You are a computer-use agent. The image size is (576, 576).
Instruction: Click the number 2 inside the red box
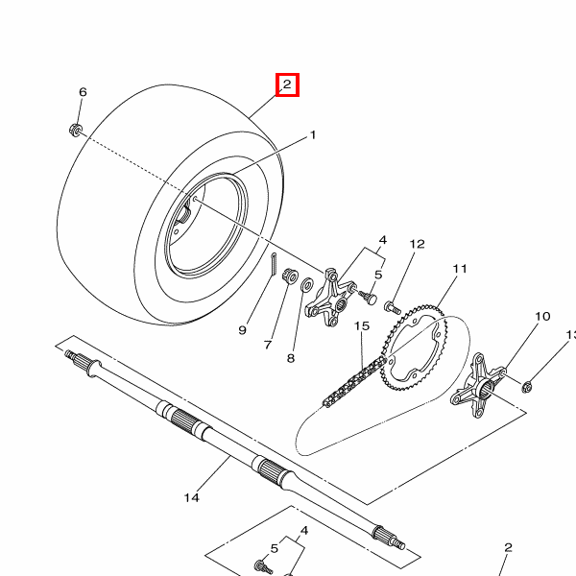click(287, 84)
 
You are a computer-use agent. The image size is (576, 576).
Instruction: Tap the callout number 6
click(83, 92)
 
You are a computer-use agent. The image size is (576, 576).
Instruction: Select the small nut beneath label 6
click(75, 130)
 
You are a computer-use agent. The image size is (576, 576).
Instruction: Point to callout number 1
click(313, 135)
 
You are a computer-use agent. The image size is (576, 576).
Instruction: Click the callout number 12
click(418, 244)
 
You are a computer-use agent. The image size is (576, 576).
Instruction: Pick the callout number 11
click(460, 269)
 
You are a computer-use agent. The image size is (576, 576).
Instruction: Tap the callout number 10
click(542, 316)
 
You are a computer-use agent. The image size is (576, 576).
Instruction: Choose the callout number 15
click(362, 325)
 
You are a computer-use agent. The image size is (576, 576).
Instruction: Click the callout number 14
click(192, 497)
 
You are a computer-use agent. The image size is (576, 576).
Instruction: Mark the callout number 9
click(243, 330)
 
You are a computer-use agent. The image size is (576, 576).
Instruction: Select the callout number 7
click(268, 345)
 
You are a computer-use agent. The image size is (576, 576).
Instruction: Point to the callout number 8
click(291, 358)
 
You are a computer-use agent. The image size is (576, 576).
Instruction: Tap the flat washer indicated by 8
click(307, 285)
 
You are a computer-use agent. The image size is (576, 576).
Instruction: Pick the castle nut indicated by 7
click(290, 276)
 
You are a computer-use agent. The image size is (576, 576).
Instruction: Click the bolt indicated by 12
click(393, 307)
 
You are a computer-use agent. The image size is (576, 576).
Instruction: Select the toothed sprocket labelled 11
click(414, 348)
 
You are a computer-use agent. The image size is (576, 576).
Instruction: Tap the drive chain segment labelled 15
click(354, 382)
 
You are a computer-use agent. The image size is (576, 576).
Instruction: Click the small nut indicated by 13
click(527, 387)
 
